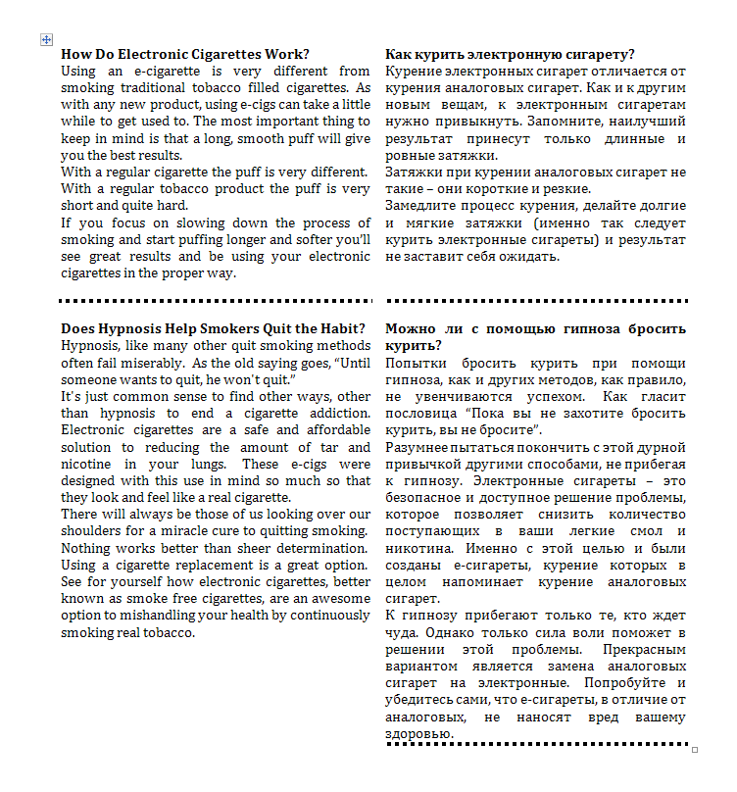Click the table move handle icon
pyautogui.click(x=45, y=39)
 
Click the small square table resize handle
pyautogui.click(x=695, y=750)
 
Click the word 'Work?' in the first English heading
pyautogui.click(x=285, y=54)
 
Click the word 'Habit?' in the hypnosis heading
pyautogui.click(x=341, y=328)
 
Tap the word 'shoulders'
pyautogui.click(x=92, y=530)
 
